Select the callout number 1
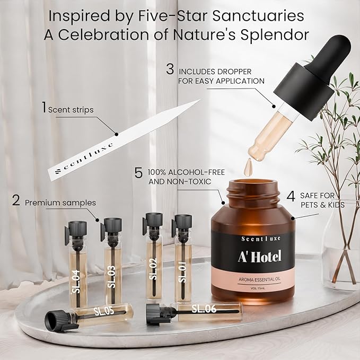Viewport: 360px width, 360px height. click(x=45, y=108)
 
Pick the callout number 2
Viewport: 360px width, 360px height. click(x=16, y=201)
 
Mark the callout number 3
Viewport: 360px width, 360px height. click(x=170, y=69)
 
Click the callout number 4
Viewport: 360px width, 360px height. click(x=291, y=196)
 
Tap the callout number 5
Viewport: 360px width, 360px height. click(x=139, y=172)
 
